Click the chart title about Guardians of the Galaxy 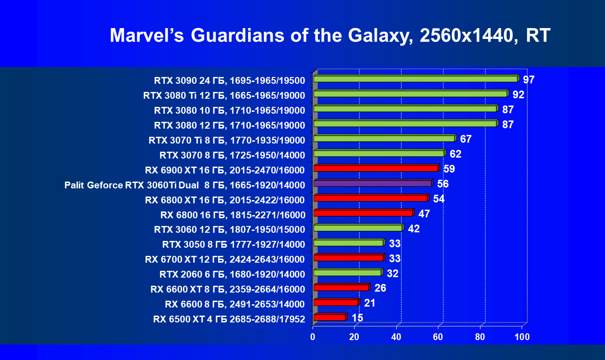(x=330, y=35)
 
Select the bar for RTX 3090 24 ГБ (x=415, y=79)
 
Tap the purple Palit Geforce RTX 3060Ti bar (x=373, y=183)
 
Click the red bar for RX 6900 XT (x=376, y=168)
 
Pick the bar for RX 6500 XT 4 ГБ (x=329, y=317)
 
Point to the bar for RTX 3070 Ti (x=384, y=139)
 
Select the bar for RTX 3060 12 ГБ (x=358, y=228)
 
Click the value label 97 (x=528, y=80)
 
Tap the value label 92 (x=518, y=95)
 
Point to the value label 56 (x=443, y=184)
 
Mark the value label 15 (x=357, y=318)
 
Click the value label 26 (x=380, y=288)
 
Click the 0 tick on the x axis (x=312, y=337)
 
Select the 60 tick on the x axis (x=438, y=337)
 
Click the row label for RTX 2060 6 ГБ (x=232, y=274)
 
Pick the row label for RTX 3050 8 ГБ (x=234, y=245)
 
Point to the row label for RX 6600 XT (x=228, y=289)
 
